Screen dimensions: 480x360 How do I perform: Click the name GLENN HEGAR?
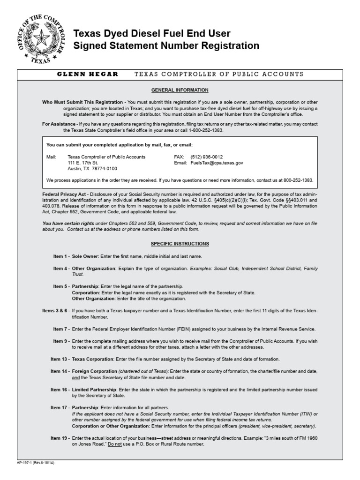point(88,74)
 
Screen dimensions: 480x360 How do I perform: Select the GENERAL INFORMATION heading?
point(180,90)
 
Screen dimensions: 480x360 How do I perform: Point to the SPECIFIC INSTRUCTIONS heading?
point(180,244)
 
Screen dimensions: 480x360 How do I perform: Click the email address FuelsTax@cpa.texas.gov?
point(217,163)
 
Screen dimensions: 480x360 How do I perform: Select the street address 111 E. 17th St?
point(82,163)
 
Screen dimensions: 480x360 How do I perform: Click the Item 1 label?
point(61,256)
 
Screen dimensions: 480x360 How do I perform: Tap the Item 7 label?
point(61,329)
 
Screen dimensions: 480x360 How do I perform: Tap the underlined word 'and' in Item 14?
point(75,377)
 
